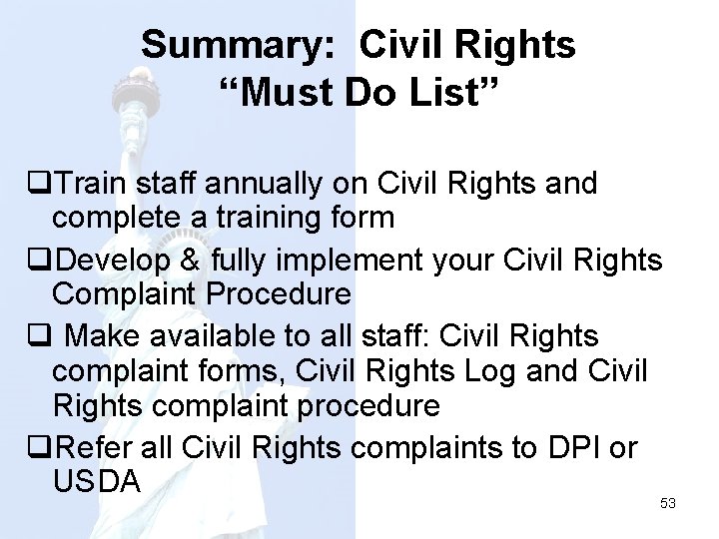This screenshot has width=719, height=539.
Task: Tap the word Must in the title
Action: [x=285, y=95]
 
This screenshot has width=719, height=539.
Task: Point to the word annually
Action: [x=274, y=184]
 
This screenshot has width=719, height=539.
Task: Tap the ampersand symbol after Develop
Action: [x=195, y=261]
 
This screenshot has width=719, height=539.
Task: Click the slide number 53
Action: [x=668, y=504]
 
